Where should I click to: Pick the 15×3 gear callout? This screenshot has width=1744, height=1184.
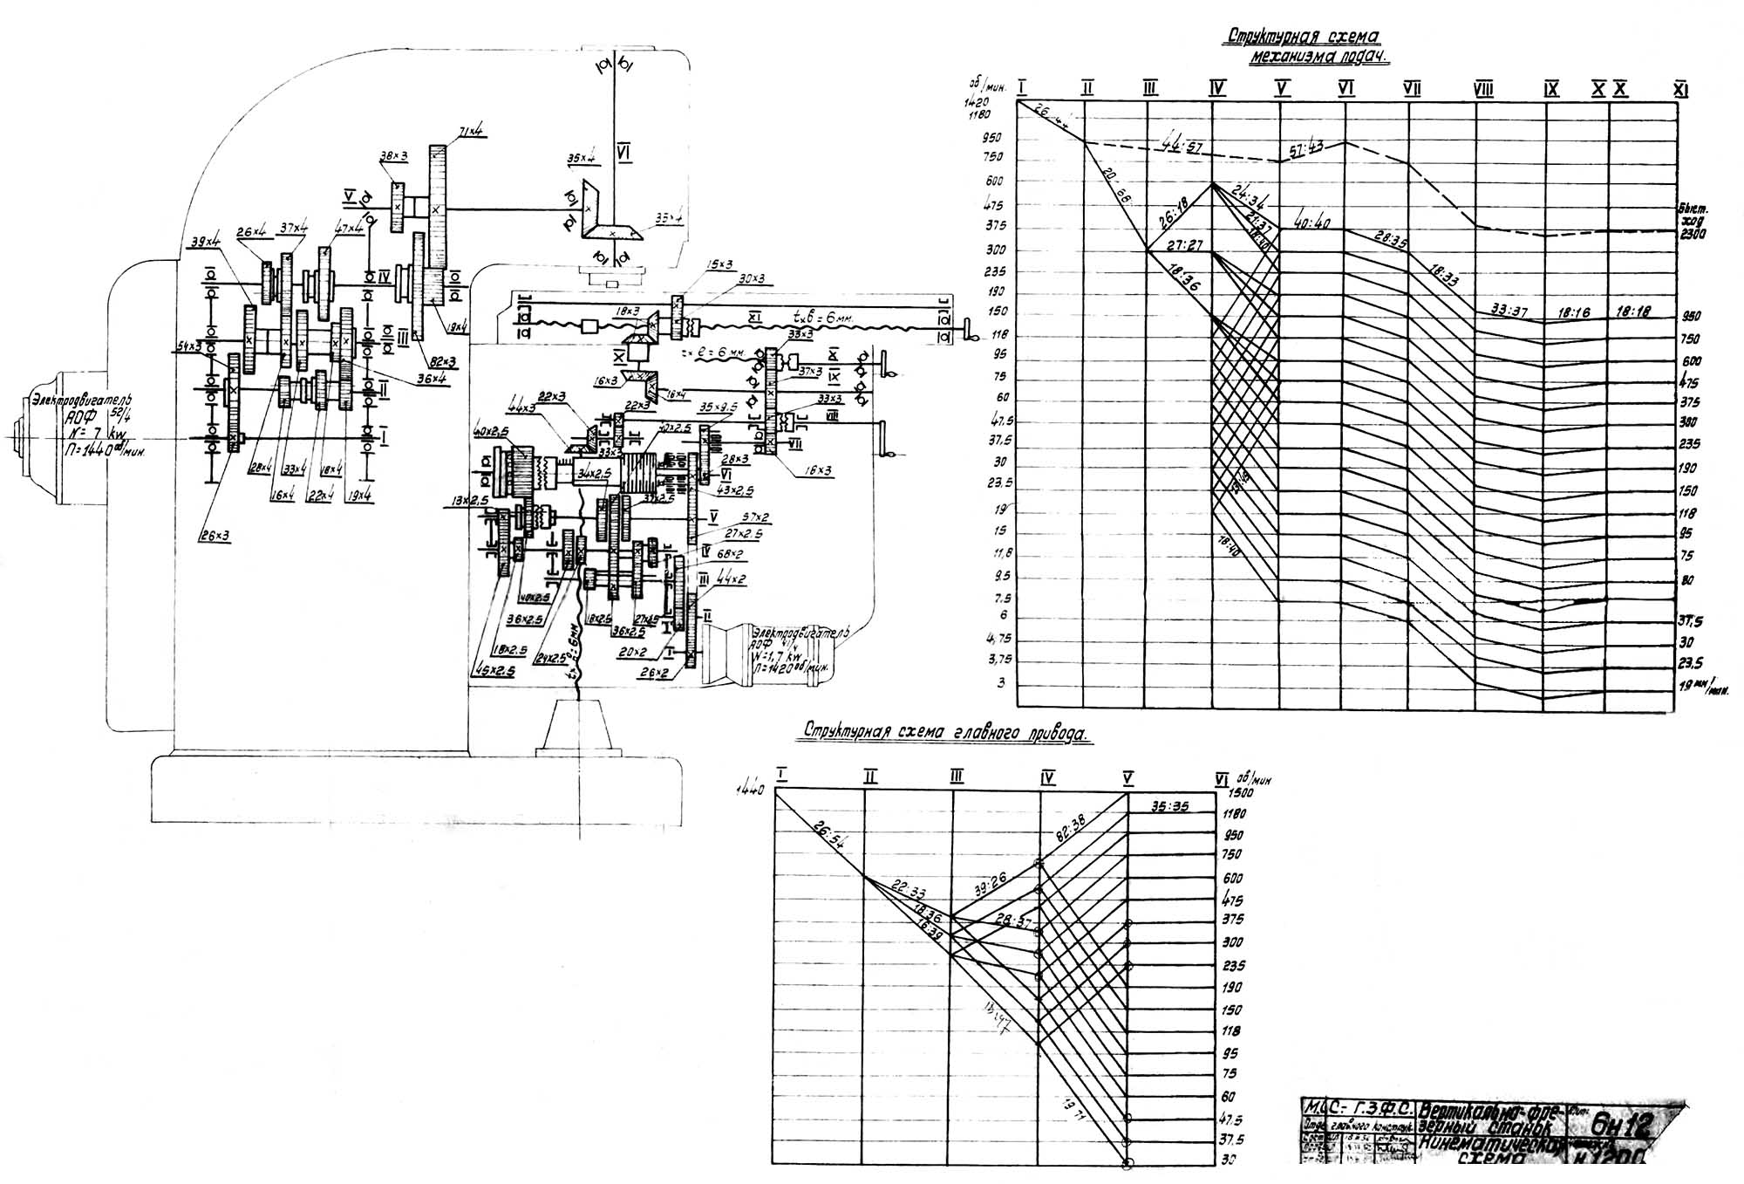(721, 264)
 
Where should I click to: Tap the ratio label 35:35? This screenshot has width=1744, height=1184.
(1169, 806)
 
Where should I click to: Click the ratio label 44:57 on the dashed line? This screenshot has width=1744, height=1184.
(1180, 145)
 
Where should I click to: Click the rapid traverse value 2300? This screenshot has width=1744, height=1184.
(1691, 234)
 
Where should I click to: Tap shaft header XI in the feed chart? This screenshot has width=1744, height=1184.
(1680, 89)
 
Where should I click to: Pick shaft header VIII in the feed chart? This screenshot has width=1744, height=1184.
(1482, 89)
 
